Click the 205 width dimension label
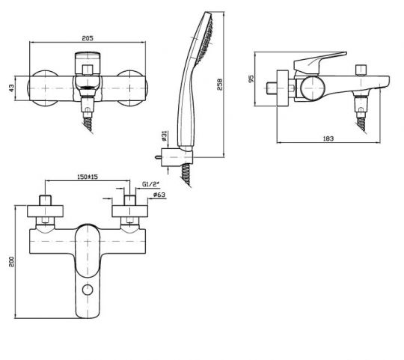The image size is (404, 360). pyautogui.click(x=88, y=38)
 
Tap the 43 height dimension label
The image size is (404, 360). pyautogui.click(x=11, y=88)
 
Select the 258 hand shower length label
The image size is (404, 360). pyautogui.click(x=219, y=85)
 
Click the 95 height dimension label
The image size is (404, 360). pyautogui.click(x=251, y=79)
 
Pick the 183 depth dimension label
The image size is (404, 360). pyautogui.click(x=328, y=138)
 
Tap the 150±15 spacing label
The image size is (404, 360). pyautogui.click(x=88, y=177)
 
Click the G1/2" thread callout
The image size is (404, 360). pyautogui.click(x=150, y=184)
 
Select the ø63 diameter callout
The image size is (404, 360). pyautogui.click(x=159, y=195)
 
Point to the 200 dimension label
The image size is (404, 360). pyautogui.click(x=12, y=261)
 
